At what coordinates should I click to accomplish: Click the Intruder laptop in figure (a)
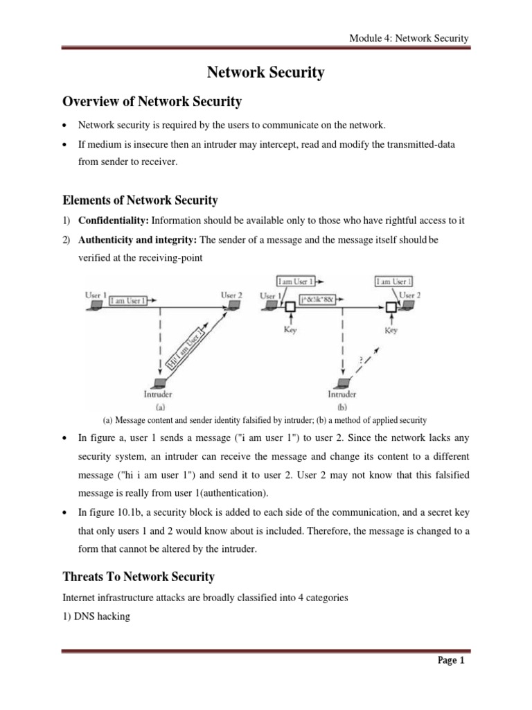pyautogui.click(x=161, y=383)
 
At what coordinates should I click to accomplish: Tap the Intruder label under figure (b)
pyautogui.click(x=343, y=395)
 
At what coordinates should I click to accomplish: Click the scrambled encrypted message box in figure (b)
pyautogui.click(x=317, y=299)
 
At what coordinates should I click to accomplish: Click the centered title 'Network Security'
pyautogui.click(x=265, y=73)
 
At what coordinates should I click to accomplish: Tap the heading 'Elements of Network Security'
pyautogui.click(x=140, y=200)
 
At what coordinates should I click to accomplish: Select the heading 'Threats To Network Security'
pyautogui.click(x=139, y=576)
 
